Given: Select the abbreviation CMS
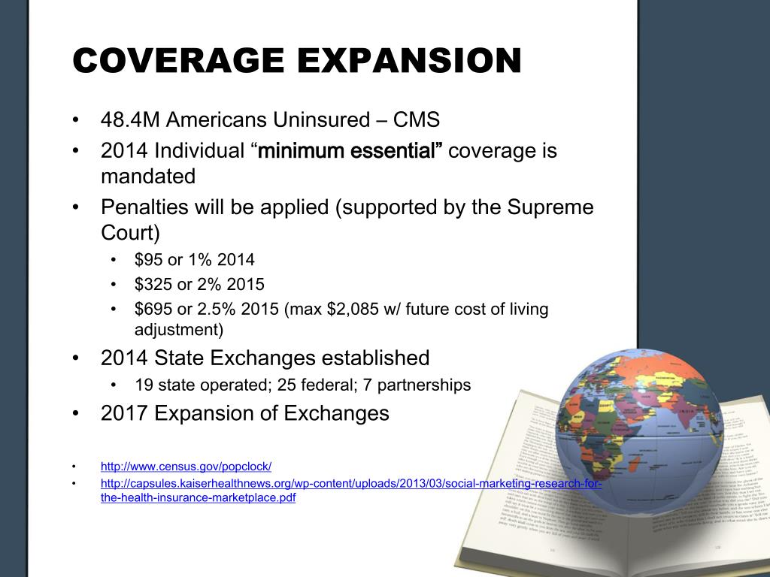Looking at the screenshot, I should (x=419, y=120).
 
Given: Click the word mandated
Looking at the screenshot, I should (x=148, y=177).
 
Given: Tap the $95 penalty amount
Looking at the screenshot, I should (x=149, y=260).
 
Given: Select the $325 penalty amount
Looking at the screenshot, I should (x=153, y=285).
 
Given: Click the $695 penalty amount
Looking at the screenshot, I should (x=153, y=310).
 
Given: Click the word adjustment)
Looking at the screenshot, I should (x=179, y=329).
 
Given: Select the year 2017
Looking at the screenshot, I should (x=124, y=413).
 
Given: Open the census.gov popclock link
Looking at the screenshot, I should (x=186, y=466).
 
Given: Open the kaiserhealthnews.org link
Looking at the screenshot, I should (x=350, y=483).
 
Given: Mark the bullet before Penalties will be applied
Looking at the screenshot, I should (x=77, y=207).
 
